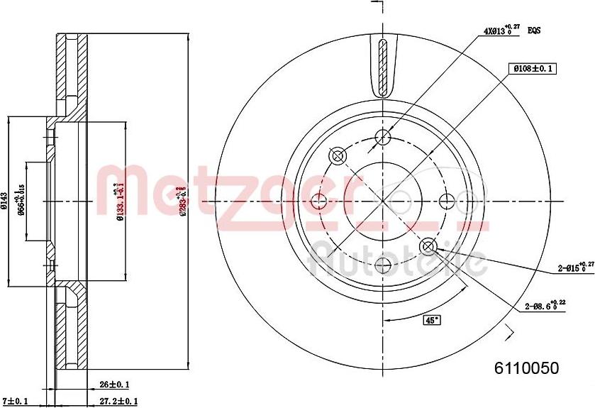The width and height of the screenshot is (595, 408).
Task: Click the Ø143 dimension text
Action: (x=5, y=201)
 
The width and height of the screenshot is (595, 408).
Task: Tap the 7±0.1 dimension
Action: (x=16, y=401)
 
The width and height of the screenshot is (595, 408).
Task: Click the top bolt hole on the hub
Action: (x=384, y=137)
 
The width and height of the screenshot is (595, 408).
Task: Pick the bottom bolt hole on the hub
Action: (x=384, y=266)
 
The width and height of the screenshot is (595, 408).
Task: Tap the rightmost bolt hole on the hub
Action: (x=447, y=202)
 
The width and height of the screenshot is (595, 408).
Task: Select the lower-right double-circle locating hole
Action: (x=428, y=246)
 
